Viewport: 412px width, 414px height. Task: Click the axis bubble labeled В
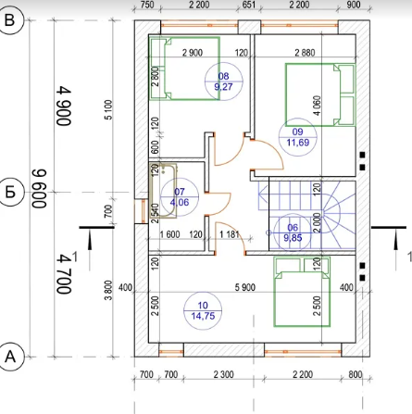pyautogui.click(x=10, y=20)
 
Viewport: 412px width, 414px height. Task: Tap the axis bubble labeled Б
pyautogui.click(x=10, y=193)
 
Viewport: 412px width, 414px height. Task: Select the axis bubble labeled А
pyautogui.click(x=10, y=357)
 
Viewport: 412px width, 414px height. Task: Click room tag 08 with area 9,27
pyautogui.click(x=224, y=82)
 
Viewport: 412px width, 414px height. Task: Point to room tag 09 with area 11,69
pyautogui.click(x=298, y=137)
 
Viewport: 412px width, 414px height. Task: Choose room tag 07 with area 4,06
pyautogui.click(x=180, y=197)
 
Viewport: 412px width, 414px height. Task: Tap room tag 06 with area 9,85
pyautogui.click(x=293, y=232)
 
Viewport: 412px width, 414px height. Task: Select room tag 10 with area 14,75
pyautogui.click(x=203, y=310)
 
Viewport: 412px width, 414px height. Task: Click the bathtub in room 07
pyautogui.click(x=163, y=191)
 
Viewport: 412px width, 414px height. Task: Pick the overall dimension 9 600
pyautogui.click(x=39, y=188)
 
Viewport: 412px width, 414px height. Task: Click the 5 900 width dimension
pyautogui.click(x=245, y=287)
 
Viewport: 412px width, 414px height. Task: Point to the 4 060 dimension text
pyautogui.click(x=317, y=106)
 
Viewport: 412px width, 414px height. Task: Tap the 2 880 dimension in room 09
pyautogui.click(x=305, y=53)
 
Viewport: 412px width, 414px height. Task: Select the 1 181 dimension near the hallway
pyautogui.click(x=230, y=234)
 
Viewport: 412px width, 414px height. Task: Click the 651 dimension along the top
pyautogui.click(x=249, y=5)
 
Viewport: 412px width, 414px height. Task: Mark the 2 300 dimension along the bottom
pyautogui.click(x=224, y=375)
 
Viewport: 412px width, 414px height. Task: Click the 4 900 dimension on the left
pyautogui.click(x=64, y=106)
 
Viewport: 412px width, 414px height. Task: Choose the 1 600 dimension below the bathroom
pyautogui.click(x=169, y=234)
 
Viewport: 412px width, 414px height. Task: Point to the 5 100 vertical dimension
pyautogui.click(x=109, y=109)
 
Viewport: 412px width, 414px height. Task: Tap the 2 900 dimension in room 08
pyautogui.click(x=193, y=53)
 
